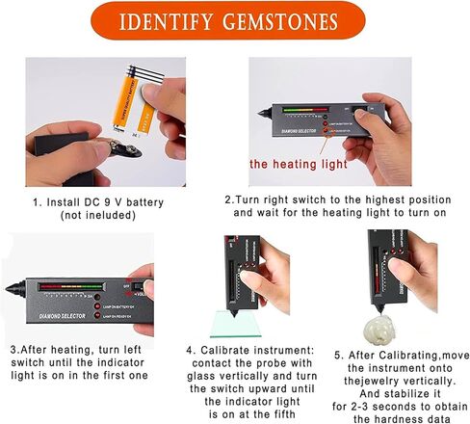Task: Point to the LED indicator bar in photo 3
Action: pyautogui.click(x=72, y=286)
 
